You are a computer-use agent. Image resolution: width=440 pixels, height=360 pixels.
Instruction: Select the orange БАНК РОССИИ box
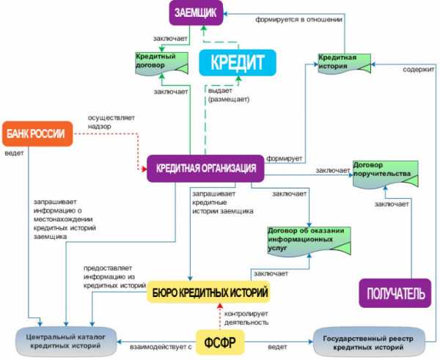tap(36, 133)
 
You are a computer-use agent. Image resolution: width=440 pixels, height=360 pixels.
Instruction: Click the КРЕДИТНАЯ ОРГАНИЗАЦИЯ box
tap(205, 168)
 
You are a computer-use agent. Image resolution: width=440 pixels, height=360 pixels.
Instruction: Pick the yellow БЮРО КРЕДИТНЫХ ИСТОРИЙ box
tap(208, 293)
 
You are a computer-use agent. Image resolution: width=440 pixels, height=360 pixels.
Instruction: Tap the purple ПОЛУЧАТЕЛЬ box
tap(392, 293)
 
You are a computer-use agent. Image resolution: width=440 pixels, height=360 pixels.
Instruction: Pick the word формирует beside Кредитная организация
tap(282, 157)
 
